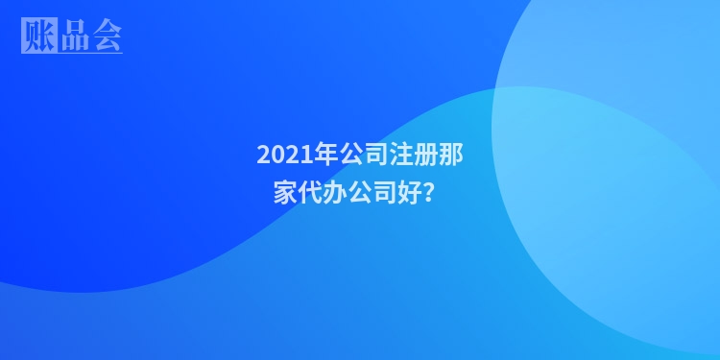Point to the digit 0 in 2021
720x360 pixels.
point(275,154)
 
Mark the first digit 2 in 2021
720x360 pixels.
point(263,154)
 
